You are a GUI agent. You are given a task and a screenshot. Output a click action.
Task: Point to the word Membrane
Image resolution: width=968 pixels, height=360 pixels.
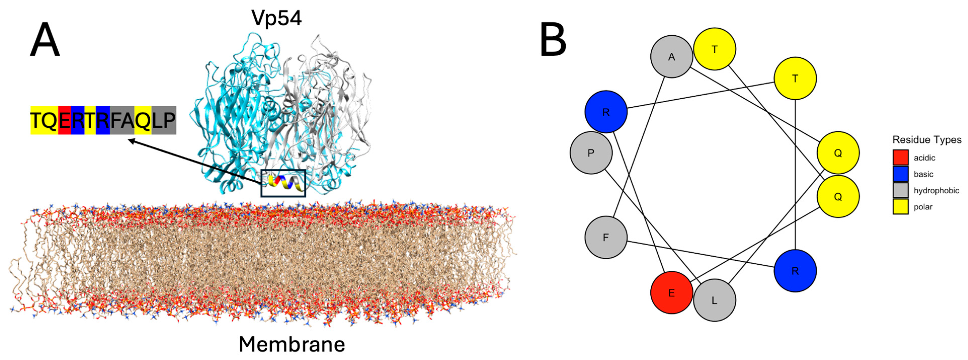coord(291,344)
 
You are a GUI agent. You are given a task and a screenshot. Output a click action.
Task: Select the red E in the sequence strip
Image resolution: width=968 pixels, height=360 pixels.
coord(65,120)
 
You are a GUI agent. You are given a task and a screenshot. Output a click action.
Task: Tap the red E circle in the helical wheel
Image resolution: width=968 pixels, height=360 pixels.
coord(671,293)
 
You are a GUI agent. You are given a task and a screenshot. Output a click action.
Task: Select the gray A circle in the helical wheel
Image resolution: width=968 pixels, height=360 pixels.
coord(671,57)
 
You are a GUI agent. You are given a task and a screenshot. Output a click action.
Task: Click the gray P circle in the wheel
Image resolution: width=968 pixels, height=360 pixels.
coord(591,153)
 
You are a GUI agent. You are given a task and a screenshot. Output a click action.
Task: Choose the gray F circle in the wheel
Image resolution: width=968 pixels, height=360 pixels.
coord(606,237)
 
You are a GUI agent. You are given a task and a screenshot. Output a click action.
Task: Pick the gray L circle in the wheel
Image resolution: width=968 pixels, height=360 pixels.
coord(714,300)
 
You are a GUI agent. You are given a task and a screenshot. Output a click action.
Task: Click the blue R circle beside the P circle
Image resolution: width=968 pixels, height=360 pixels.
coord(606,112)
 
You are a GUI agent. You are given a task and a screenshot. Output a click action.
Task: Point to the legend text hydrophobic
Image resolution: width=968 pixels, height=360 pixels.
coord(936,190)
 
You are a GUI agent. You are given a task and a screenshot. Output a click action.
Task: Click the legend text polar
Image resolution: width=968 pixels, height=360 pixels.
coord(923,207)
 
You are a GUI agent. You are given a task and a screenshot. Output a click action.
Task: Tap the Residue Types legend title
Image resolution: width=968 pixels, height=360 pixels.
coord(927,140)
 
